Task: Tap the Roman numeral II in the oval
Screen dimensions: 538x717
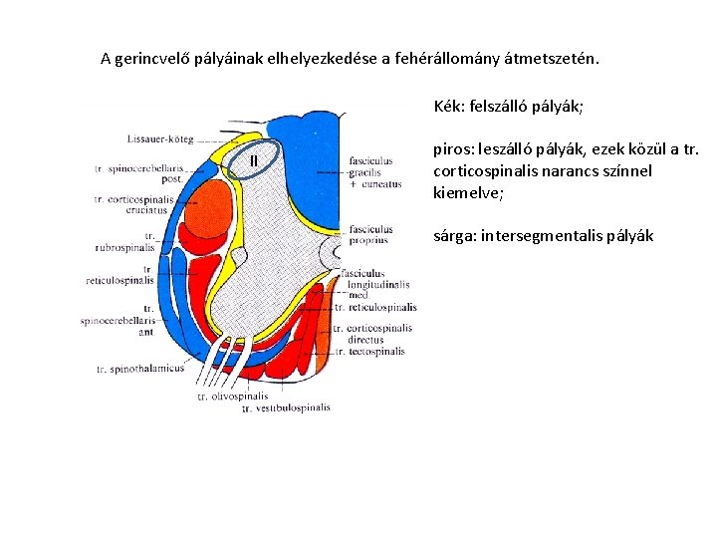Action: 254,160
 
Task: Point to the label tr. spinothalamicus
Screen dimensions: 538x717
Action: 140,369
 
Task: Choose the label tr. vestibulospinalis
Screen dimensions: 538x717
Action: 286,407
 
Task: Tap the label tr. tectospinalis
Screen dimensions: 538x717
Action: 369,352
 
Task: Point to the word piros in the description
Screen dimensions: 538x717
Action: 453,150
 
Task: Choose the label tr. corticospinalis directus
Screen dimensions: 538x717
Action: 371,334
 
